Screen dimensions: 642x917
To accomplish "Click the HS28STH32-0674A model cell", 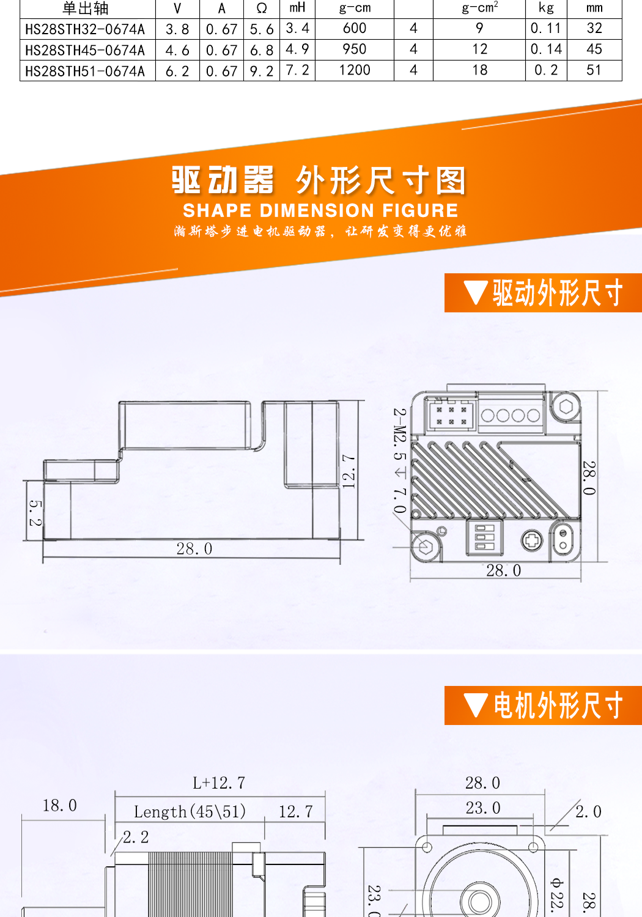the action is click(x=86, y=29).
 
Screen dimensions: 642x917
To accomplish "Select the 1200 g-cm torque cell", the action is click(x=355, y=70).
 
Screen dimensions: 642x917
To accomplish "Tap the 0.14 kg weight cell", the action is click(x=546, y=50).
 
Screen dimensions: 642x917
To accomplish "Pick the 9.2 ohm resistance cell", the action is click(x=262, y=71).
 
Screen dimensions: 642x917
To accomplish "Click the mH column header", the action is click(x=298, y=8).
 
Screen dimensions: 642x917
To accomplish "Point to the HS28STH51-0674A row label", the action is click(x=86, y=71).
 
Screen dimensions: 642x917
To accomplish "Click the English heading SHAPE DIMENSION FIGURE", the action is click(x=320, y=210).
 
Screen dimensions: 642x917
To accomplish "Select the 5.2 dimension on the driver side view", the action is click(x=35, y=512).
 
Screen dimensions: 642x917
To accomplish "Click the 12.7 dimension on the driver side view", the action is click(x=349, y=471).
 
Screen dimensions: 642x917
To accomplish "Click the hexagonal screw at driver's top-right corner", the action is click(x=566, y=407).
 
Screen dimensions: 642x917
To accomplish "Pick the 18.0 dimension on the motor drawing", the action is click(x=60, y=806).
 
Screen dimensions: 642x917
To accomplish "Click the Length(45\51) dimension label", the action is click(x=190, y=812).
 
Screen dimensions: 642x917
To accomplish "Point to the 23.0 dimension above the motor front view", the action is click(x=483, y=808).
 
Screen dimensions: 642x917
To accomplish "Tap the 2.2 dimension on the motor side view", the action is click(x=136, y=837).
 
